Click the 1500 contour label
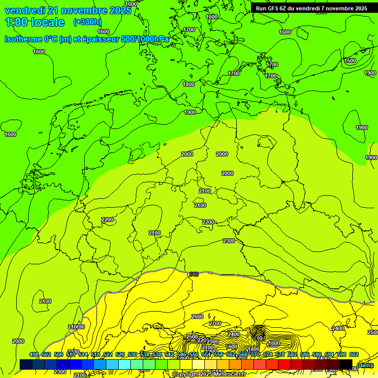point(350,61)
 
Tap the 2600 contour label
point(197,316)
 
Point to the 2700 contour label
point(215,323)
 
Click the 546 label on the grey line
point(194,274)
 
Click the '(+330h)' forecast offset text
point(87,22)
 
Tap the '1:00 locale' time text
point(34,22)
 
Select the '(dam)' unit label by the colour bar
point(365,365)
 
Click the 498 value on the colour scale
point(34,354)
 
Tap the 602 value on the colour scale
point(354,354)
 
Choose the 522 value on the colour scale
point(108,354)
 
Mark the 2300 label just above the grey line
point(229,241)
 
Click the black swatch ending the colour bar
point(346,365)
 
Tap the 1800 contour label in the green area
point(189,84)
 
